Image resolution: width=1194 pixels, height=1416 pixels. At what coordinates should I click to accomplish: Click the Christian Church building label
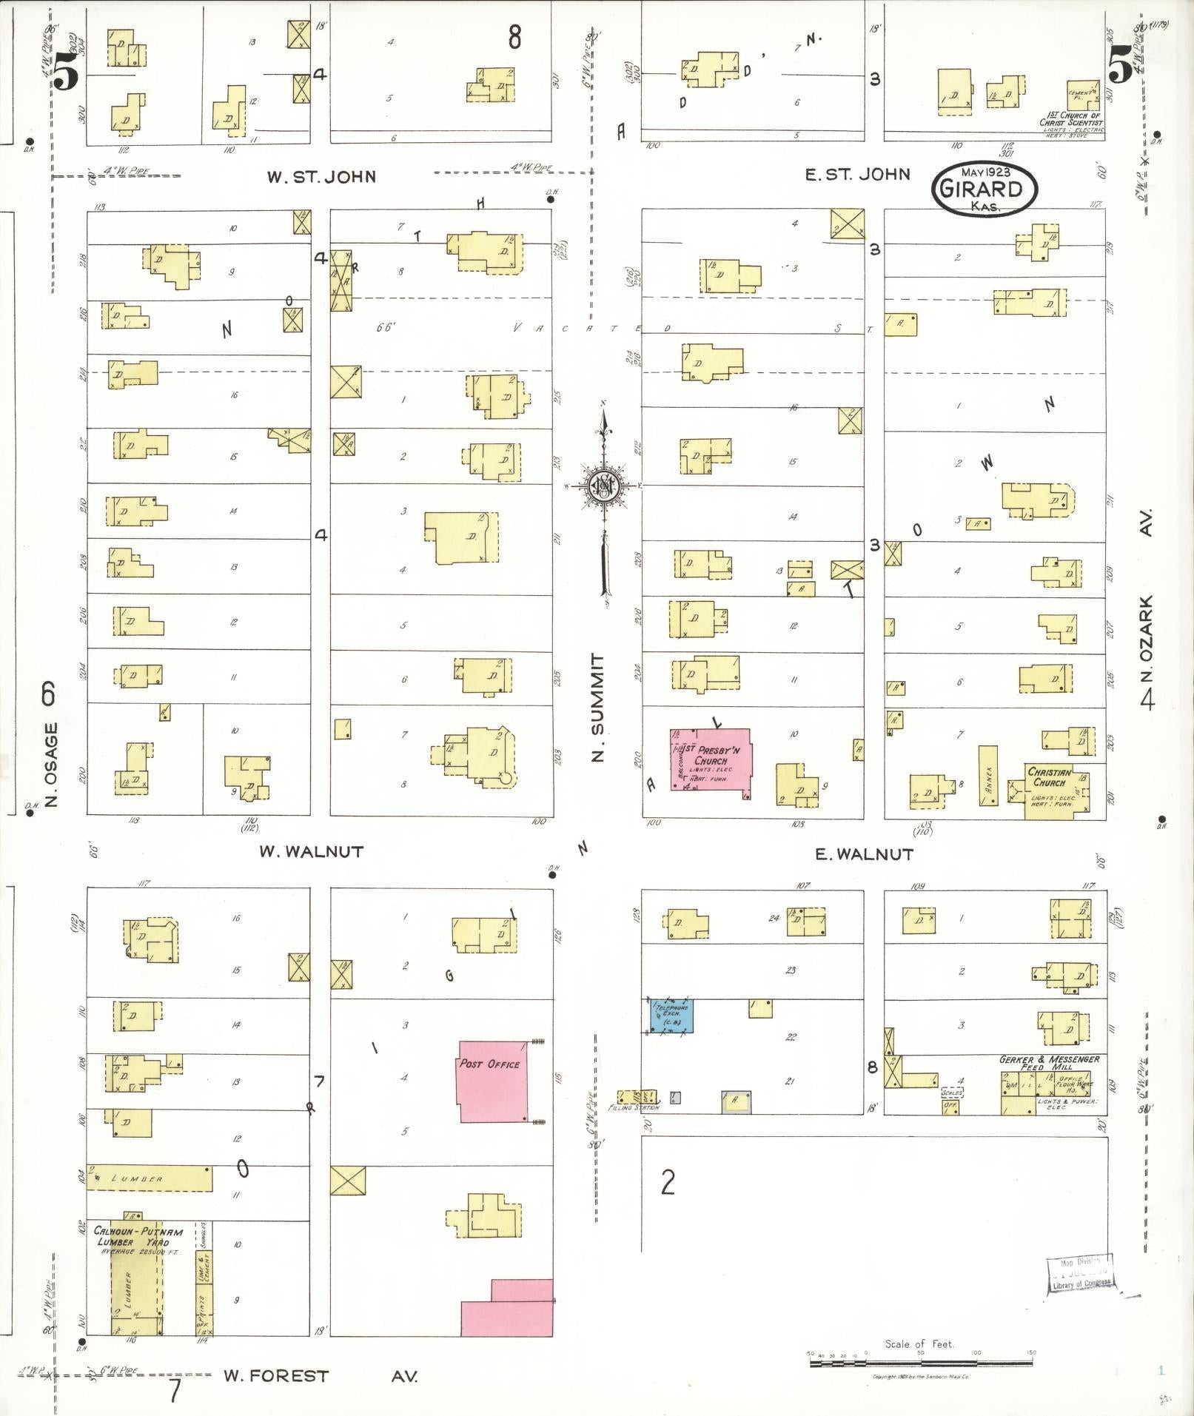tap(1050, 777)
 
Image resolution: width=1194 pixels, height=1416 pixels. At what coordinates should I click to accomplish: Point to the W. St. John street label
tap(321, 177)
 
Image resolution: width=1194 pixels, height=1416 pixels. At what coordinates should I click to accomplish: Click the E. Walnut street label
tap(863, 854)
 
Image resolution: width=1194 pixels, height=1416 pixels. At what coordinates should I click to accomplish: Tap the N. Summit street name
tap(598, 707)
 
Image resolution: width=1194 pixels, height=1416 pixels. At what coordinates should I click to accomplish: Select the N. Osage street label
tap(50, 765)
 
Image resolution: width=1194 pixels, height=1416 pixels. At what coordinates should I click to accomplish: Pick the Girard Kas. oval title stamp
tap(985, 189)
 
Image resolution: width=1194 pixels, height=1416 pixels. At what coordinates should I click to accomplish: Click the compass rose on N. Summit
tap(604, 486)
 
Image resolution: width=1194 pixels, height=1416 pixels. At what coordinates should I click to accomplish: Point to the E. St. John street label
tap(856, 175)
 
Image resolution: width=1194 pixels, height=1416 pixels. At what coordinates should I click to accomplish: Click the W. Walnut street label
tap(311, 852)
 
